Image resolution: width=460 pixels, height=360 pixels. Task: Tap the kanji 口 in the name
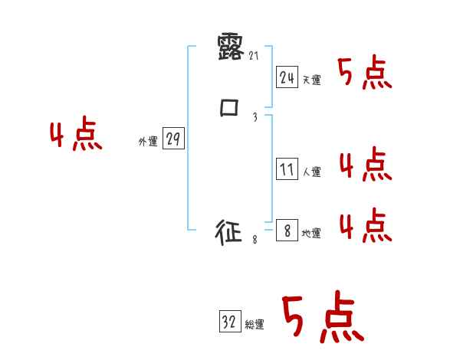230,108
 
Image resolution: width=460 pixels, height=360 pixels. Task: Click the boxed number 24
287,77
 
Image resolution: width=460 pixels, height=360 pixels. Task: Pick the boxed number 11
287,169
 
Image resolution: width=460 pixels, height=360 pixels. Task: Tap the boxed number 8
287,231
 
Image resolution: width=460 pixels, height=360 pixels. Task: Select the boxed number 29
173,139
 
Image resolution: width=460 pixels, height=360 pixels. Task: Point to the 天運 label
311,80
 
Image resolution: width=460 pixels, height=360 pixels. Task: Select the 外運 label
148,142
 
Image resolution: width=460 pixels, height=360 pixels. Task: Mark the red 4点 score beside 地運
365,224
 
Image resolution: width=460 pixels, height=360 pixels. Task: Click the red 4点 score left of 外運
76,135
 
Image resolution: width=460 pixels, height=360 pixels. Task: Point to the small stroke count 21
255,55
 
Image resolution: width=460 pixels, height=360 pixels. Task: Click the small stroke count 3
255,117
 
